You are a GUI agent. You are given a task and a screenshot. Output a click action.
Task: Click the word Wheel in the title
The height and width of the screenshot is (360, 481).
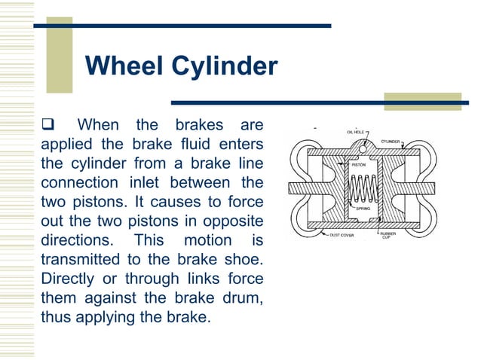[x=123, y=66]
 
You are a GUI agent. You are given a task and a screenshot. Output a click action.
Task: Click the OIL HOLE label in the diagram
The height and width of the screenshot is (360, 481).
[x=357, y=131]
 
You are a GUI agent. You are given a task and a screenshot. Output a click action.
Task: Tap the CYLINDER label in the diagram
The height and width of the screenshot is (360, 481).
[x=390, y=141]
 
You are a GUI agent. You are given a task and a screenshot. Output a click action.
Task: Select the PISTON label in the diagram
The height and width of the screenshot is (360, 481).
[x=358, y=163]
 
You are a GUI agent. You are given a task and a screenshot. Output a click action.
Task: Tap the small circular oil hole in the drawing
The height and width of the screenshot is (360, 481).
[x=363, y=148]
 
